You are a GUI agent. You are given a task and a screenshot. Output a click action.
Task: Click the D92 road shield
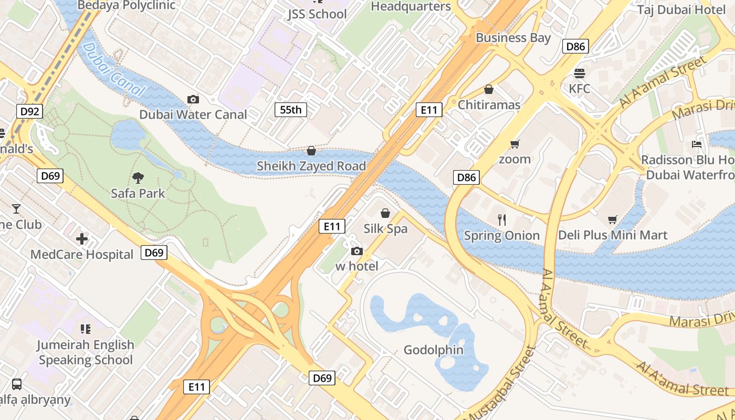click(x=29, y=111)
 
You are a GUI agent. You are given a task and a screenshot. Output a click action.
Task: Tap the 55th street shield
click(x=291, y=110)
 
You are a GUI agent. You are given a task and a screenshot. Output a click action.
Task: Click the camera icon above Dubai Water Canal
click(x=193, y=99)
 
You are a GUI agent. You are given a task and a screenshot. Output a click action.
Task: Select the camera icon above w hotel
click(x=357, y=251)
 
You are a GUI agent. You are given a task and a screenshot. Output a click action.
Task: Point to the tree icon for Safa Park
click(x=138, y=178)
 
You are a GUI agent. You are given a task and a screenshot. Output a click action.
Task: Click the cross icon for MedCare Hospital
click(x=82, y=239)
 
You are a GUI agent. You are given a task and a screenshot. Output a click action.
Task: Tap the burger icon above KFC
click(x=580, y=73)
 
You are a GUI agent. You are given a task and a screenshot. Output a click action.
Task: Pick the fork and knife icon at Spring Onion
click(x=502, y=220)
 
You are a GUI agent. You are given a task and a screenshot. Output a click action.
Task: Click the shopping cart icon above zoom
click(x=514, y=143)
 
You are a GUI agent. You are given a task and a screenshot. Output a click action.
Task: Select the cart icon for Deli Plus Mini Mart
click(x=613, y=219)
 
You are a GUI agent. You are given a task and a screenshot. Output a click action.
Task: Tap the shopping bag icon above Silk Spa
click(x=385, y=213)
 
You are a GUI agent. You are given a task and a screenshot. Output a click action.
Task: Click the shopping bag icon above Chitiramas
click(x=489, y=89)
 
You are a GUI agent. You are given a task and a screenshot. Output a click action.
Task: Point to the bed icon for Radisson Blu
click(x=697, y=144)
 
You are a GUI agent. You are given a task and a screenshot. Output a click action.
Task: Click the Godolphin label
click(x=434, y=350)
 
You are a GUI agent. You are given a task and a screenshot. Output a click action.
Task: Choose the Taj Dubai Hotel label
click(x=681, y=9)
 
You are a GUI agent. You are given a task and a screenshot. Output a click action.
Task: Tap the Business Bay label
click(x=513, y=38)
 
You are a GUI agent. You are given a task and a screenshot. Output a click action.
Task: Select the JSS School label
click(x=317, y=14)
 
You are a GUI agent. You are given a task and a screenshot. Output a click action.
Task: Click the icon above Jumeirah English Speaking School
click(x=86, y=329)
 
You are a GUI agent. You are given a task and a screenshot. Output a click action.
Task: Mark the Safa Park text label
click(x=138, y=193)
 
